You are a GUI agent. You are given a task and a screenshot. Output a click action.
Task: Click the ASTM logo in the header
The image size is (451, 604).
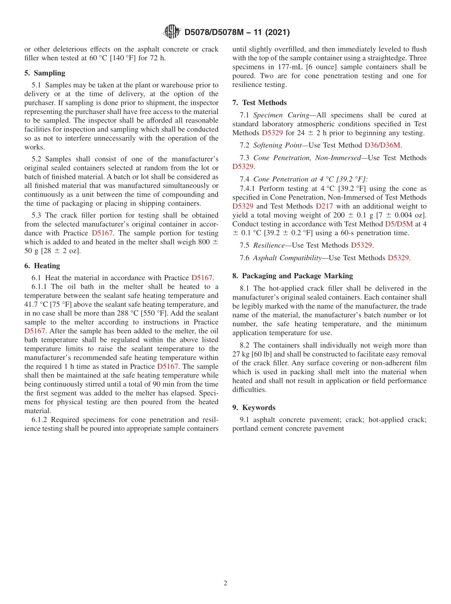point(171,32)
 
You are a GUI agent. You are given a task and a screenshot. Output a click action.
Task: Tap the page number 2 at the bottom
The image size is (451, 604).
point(225,584)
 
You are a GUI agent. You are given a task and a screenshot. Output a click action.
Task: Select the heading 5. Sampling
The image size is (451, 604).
point(45,73)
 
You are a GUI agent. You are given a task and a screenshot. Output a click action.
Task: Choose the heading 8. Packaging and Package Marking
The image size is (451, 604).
point(292,276)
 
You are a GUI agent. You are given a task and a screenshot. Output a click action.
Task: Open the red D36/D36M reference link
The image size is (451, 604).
point(383,145)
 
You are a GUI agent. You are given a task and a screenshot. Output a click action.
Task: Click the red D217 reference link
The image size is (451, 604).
point(324,206)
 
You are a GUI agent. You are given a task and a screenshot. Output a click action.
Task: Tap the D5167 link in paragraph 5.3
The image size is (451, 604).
point(102,233)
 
